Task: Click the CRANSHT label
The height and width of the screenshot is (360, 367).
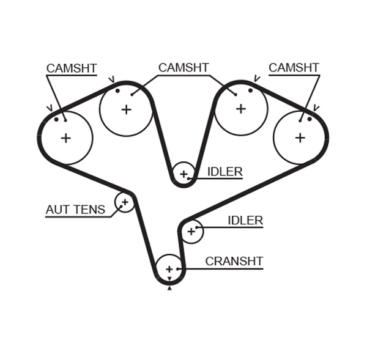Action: [234, 262]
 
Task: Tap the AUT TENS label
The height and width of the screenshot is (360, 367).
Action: [75, 210]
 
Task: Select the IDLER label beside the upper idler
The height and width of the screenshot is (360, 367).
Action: [224, 172]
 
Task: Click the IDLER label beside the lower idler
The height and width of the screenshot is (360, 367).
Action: [245, 221]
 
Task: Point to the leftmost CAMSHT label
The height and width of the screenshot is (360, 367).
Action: [72, 68]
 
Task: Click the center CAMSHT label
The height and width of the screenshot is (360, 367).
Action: [183, 68]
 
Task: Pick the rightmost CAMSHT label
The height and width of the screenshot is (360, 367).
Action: [294, 68]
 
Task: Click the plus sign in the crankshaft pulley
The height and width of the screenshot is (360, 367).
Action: [169, 268]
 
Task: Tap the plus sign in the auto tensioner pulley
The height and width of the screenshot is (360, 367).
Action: [125, 201]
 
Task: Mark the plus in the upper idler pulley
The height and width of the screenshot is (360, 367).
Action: [183, 174]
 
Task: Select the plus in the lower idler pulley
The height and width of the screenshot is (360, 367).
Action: [191, 231]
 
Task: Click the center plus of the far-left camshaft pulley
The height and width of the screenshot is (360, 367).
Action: [65, 138]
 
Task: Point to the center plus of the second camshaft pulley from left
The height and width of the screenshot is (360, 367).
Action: [126, 109]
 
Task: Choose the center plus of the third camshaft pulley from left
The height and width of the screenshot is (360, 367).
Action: [241, 109]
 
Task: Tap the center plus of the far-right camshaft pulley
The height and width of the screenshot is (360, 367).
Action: [300, 138]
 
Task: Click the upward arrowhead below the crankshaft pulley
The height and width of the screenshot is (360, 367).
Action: [169, 288]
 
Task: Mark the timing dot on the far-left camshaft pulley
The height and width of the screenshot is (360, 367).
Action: [56, 119]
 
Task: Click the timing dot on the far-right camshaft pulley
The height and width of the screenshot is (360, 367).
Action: [310, 119]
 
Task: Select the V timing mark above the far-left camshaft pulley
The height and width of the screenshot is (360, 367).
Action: [49, 109]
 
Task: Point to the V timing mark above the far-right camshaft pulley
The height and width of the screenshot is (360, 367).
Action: [316, 108]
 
